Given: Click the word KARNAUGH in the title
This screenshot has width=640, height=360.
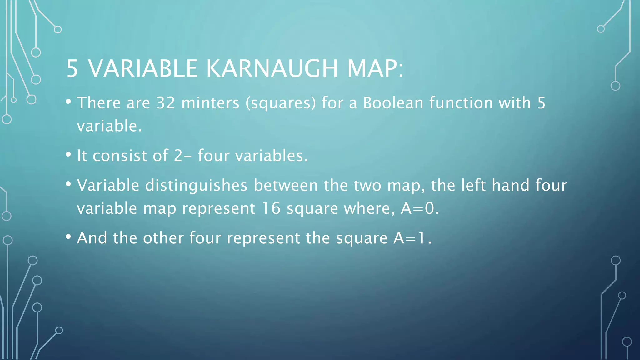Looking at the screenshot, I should point(272,68).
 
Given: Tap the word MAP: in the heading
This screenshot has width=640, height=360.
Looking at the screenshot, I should point(375,68).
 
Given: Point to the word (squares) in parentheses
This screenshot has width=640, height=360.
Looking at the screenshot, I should point(281,103).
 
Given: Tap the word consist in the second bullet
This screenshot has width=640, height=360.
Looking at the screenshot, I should point(120,156).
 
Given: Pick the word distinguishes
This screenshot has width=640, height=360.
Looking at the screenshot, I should point(196,185).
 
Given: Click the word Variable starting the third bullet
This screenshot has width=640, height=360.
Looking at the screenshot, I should point(108,185).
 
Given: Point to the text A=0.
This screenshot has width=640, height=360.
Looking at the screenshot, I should point(420,208).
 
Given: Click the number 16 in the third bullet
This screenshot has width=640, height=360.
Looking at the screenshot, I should point(271,208).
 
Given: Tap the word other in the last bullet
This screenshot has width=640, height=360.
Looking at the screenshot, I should point(163,238).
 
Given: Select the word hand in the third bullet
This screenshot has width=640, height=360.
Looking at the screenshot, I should point(511,185).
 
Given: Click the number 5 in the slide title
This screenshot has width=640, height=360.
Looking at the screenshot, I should point(72,68).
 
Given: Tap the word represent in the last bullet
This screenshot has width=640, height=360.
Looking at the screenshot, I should point(263,239).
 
